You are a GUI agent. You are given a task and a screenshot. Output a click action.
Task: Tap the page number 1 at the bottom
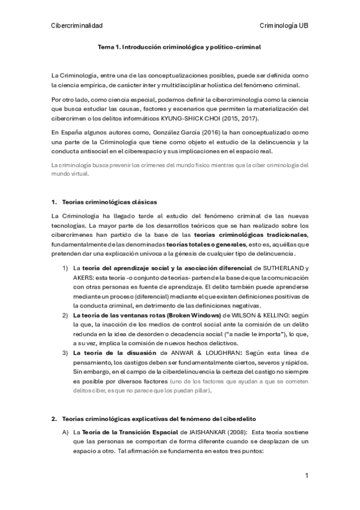tap(307, 476)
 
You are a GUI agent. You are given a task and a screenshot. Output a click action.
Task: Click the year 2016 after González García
tap(210, 132)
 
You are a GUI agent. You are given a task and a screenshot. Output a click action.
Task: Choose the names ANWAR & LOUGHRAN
tap(196, 351)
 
